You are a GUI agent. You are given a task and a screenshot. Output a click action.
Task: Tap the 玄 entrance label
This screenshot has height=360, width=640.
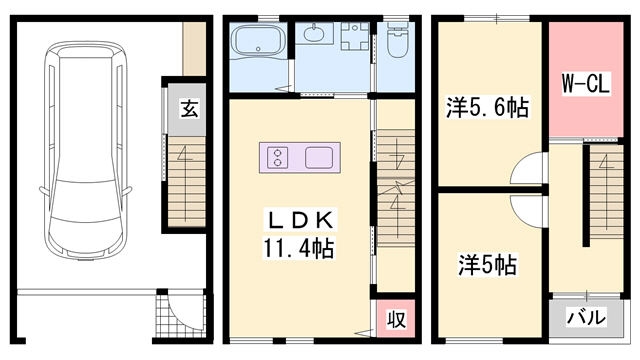189,109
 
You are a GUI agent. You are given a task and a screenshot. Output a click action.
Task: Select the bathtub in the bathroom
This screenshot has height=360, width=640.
257,45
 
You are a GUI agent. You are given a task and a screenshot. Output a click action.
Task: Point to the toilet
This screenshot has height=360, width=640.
396,43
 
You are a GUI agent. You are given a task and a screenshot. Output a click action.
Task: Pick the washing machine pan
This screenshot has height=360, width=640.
351,43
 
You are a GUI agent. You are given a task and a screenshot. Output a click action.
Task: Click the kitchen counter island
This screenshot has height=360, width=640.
301,157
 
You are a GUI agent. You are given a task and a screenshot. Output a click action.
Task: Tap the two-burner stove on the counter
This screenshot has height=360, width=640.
277,157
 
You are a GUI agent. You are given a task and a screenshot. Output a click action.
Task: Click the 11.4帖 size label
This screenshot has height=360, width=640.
298,246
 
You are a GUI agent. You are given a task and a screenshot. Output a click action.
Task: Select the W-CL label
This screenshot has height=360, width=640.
584,85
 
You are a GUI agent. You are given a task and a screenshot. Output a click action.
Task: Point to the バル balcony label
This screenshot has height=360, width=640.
585,319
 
